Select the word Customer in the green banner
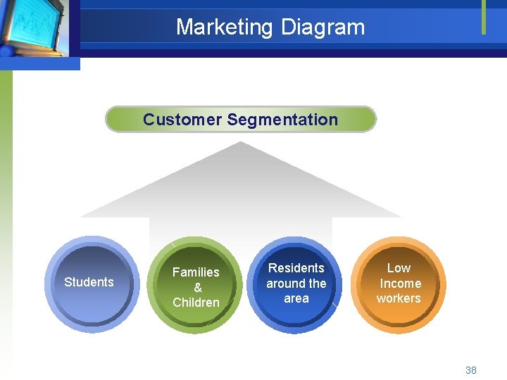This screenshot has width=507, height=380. [x=182, y=120]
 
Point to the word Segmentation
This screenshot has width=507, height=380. [x=282, y=120]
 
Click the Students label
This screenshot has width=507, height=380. [x=89, y=282]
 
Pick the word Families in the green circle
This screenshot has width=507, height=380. [x=196, y=272]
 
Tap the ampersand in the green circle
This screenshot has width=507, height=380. [x=197, y=287]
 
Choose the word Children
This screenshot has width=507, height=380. [x=196, y=303]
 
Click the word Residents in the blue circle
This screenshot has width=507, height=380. [x=296, y=268]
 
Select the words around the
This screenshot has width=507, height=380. [x=296, y=284]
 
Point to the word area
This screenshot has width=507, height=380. [x=296, y=298]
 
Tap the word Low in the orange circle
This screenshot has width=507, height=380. [x=399, y=268]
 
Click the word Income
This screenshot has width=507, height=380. [x=400, y=284]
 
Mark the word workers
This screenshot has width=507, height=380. [x=399, y=298]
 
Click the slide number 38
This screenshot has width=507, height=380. [x=471, y=370]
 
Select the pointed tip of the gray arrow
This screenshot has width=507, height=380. [x=240, y=144]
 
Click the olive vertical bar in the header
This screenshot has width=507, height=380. [x=484, y=17]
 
